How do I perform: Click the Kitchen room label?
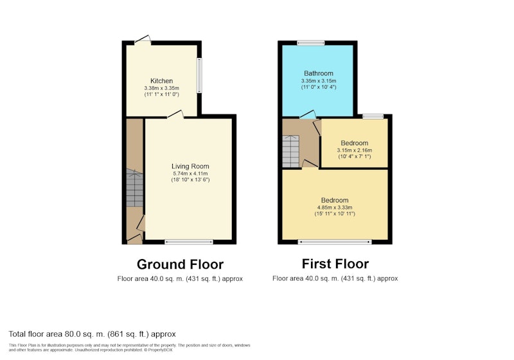(x=161, y=81)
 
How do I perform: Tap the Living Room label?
(x=190, y=166)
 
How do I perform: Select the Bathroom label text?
(x=318, y=73)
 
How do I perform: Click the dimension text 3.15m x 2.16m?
(x=355, y=150)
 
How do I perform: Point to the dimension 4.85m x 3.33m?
(x=335, y=207)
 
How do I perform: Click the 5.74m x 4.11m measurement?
(x=190, y=174)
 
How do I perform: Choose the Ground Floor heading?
(x=180, y=264)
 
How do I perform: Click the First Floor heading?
(x=335, y=264)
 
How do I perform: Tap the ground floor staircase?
(x=135, y=188)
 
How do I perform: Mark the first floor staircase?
(x=291, y=151)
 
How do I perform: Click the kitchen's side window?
(x=199, y=75)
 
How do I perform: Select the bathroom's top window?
(x=311, y=42)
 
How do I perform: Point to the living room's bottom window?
(x=189, y=242)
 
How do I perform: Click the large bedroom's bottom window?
(x=335, y=242)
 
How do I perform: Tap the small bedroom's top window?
(x=373, y=116)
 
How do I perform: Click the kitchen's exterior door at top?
(x=143, y=39)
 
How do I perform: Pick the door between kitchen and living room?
(x=175, y=114)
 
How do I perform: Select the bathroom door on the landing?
(x=308, y=114)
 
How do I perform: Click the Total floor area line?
(x=92, y=334)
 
